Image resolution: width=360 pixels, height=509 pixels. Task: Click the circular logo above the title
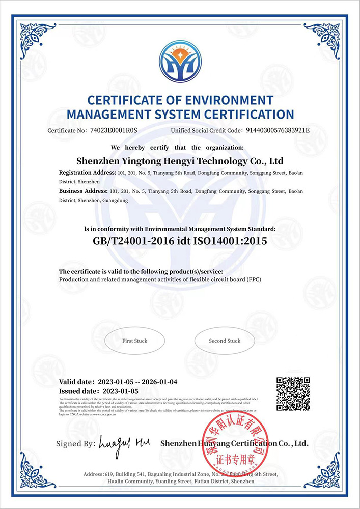(180, 62)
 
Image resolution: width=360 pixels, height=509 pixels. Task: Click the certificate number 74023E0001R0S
(114, 131)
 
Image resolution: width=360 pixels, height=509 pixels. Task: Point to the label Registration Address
(87, 173)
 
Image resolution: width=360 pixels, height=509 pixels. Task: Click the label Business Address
(83, 191)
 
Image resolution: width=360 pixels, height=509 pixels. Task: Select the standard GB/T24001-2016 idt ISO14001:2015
(180, 241)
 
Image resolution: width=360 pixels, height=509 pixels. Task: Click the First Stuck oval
(134, 341)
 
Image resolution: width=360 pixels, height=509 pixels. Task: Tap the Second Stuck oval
(225, 341)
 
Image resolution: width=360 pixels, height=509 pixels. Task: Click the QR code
(293, 394)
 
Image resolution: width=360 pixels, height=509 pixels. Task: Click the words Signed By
(75, 444)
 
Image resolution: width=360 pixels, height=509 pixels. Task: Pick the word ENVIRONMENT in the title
(230, 100)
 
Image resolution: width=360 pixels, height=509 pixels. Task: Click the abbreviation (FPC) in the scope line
(254, 280)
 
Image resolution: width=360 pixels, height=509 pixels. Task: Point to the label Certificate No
(66, 131)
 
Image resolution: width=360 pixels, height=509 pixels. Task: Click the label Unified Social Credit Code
(206, 131)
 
